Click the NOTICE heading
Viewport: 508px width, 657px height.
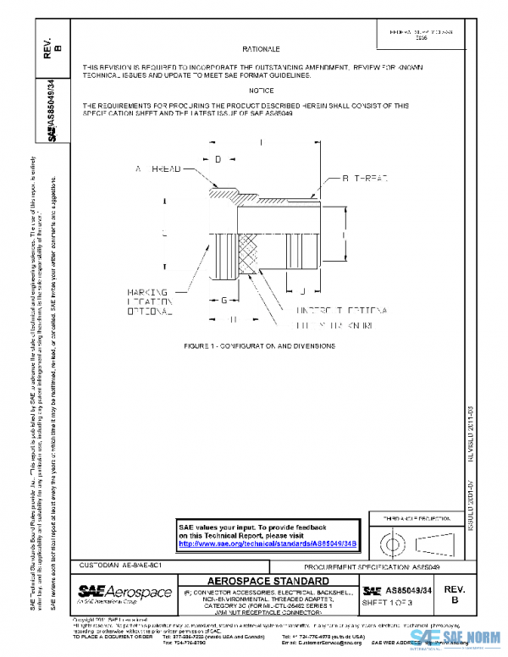tap(262, 90)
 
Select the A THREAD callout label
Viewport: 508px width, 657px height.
tap(158, 170)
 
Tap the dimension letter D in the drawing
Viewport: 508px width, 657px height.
tap(218, 159)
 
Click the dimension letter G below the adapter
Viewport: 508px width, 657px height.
tap(224, 300)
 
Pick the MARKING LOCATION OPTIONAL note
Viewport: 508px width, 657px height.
tap(150, 301)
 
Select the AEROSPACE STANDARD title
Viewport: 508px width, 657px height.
tap(268, 582)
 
